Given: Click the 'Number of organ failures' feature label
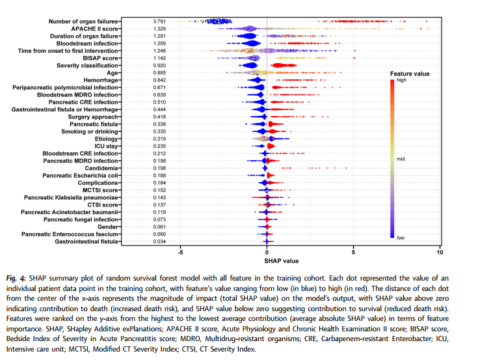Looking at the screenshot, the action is tap(83, 21).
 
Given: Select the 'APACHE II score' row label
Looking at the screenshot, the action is tap(94, 29).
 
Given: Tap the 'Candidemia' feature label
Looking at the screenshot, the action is tap(101, 168).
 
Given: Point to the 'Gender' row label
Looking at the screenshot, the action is tap(107, 227).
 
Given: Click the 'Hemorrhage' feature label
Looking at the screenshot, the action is tap(101, 80).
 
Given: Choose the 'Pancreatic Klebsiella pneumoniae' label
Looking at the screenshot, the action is tap(71, 197).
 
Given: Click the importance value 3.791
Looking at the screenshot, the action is tap(159, 21).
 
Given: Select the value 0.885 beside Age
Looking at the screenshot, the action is tap(159, 73).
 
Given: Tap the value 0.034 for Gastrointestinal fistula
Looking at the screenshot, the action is tap(159, 242).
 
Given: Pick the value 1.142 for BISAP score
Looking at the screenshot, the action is tap(159, 58).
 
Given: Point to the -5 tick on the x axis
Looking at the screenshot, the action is tap(180, 253).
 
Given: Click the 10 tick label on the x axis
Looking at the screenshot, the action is tap(440, 253).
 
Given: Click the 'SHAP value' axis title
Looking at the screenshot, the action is tap(282, 261).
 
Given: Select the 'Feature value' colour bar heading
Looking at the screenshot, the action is tap(410, 74).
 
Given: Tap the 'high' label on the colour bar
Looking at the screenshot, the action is tap(401, 80).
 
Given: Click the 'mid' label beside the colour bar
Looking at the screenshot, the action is tap(401, 159).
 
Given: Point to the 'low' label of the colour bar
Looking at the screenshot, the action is tap(401, 238).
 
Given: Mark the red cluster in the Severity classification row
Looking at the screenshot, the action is tap(283, 65).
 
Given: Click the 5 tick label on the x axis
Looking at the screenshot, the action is tap(353, 253).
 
